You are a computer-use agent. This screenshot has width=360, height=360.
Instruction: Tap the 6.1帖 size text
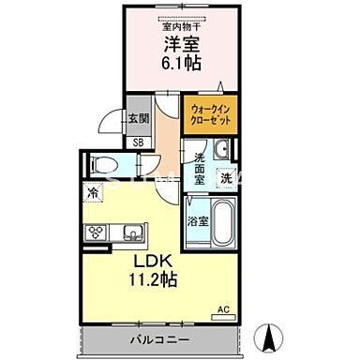pyautogui.click(x=178, y=64)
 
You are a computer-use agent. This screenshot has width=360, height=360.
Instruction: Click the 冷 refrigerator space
pyautogui.click(x=94, y=192)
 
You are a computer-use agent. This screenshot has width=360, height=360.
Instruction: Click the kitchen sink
pyautogui.click(x=130, y=231)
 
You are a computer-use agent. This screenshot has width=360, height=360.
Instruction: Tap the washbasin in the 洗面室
pyautogui.click(x=220, y=150)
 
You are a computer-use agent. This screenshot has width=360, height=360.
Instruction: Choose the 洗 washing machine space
pyautogui.click(x=225, y=177)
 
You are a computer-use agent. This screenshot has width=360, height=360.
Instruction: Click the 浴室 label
pyautogui.click(x=197, y=222)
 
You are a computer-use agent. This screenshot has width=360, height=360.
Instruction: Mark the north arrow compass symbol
pyautogui.click(x=274, y=334)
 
